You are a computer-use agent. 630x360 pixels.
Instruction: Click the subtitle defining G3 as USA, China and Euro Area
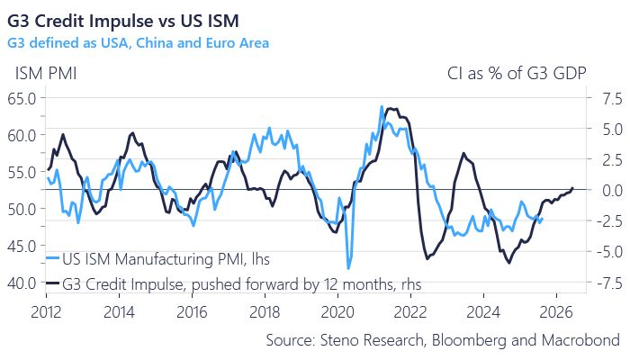(137, 41)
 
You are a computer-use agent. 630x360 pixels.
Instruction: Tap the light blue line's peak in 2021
(382, 106)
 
